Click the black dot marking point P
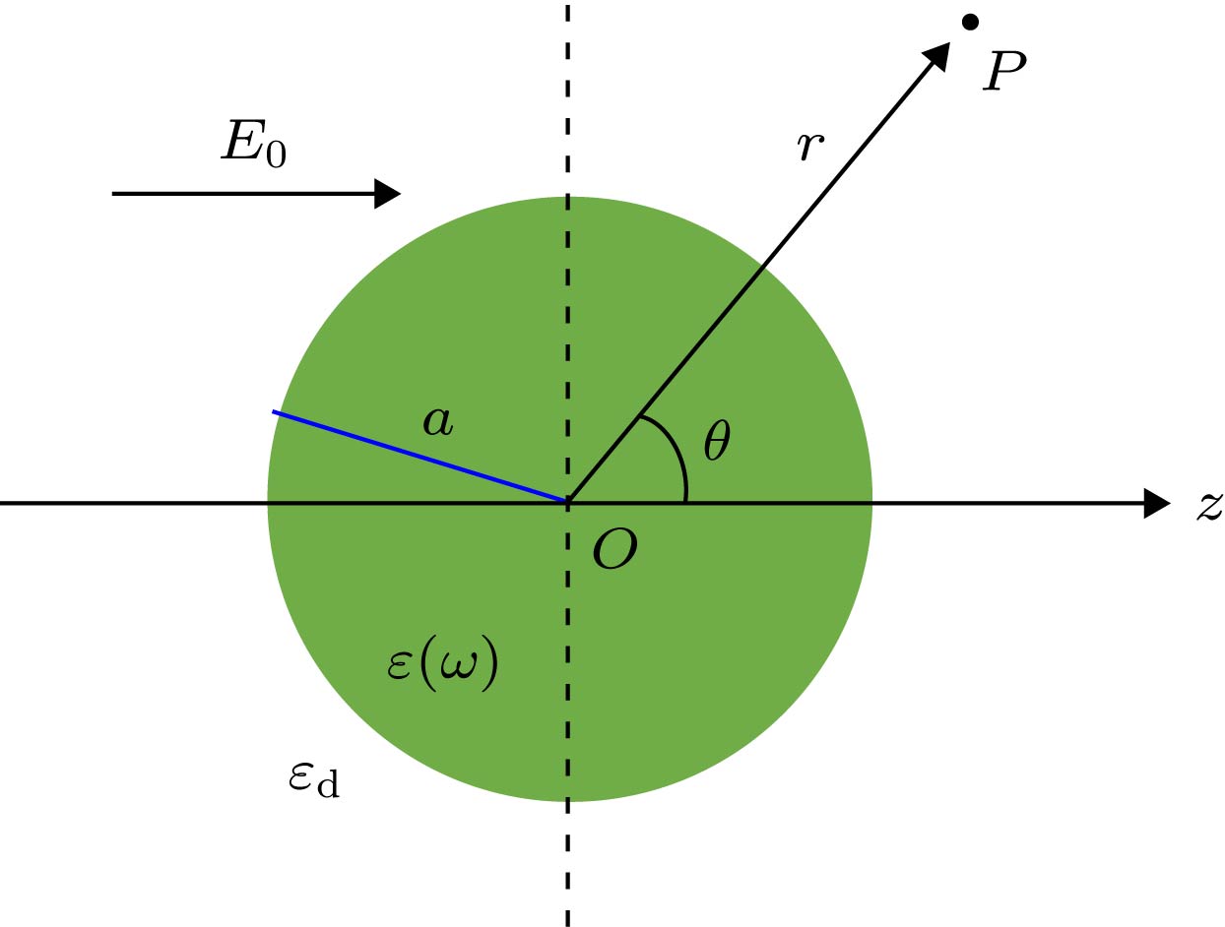971,22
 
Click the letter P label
1004,71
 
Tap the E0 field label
254,145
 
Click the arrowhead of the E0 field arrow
387,194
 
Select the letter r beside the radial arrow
809,147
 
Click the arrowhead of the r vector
937,56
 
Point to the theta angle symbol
717,441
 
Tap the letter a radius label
438,422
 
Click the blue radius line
419,456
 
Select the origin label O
614,549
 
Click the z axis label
1209,507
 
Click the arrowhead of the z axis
1156,503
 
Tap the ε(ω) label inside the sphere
442,663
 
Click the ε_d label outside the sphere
314,779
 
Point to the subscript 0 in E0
276,154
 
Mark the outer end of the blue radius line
273,411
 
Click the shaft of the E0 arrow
244,194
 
